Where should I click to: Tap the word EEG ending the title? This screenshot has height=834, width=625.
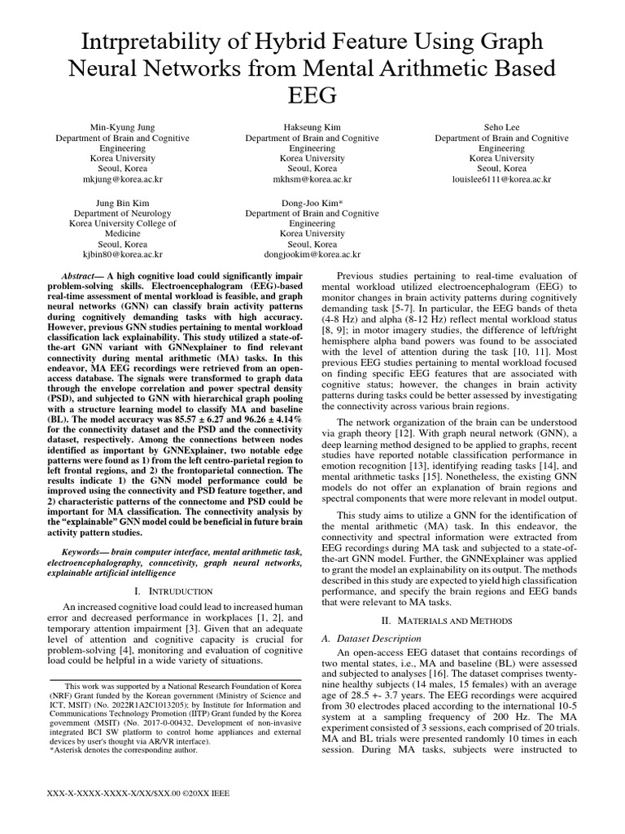tap(312, 95)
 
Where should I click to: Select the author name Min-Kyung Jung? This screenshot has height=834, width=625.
tap(123, 128)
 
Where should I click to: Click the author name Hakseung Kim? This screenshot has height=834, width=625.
tap(312, 128)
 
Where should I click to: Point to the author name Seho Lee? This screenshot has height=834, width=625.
tap(501, 128)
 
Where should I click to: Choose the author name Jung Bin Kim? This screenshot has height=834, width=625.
tap(123, 202)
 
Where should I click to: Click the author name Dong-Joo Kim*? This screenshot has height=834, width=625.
tap(312, 202)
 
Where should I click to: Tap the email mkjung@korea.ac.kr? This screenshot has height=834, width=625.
tap(123, 178)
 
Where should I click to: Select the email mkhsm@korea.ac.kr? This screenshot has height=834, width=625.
tap(312, 178)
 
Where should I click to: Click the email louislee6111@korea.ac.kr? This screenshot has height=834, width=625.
tap(501, 178)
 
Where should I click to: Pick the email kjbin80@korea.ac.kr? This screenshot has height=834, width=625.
tap(123, 254)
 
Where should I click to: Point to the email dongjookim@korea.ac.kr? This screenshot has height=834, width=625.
tap(312, 254)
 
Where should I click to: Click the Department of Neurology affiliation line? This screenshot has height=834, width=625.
tap(123, 213)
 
